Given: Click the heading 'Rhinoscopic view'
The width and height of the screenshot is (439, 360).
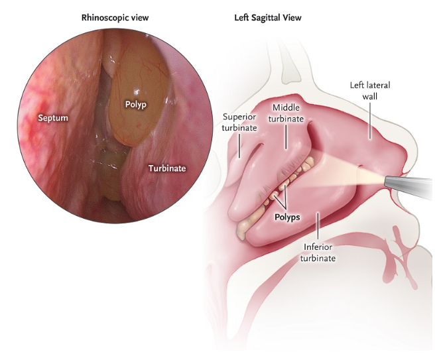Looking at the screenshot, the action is (x=115, y=18).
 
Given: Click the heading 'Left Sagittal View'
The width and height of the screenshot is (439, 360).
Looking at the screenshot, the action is (x=268, y=18).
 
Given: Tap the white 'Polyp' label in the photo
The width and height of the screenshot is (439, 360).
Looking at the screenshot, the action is (x=136, y=105).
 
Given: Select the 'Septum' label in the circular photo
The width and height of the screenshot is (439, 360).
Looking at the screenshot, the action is (x=53, y=118).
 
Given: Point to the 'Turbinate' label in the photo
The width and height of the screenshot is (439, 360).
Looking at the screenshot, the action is (x=167, y=168).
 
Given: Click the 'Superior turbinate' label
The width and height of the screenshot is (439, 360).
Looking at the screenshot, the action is (x=239, y=123).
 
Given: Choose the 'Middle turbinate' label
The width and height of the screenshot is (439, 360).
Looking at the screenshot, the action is (x=286, y=113).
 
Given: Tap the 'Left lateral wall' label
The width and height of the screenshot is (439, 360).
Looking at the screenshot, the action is (x=370, y=91).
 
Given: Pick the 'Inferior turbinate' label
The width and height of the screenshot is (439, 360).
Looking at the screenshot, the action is (x=318, y=253).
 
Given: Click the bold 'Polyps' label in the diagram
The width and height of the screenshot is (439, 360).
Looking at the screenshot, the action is (x=287, y=217).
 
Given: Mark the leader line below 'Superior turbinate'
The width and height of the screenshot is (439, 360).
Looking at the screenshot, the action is (x=239, y=146).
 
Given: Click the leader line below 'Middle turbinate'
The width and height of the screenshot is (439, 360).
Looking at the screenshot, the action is (x=286, y=137).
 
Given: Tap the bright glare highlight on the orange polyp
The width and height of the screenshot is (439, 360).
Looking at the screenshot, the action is (x=137, y=91).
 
